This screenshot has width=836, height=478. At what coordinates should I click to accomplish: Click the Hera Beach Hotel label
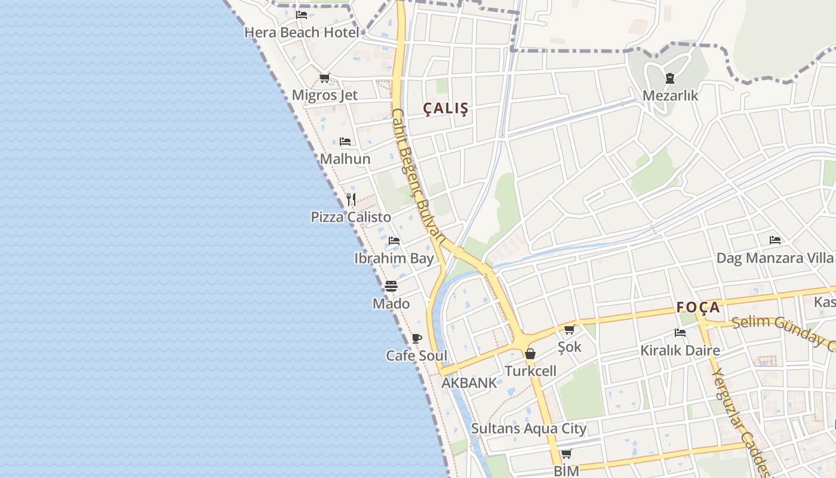[302, 32]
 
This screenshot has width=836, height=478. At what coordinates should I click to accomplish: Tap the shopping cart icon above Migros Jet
[324, 78]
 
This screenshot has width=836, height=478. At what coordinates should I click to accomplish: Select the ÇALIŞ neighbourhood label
[445, 109]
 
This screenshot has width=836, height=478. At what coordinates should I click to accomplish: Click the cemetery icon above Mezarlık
[669, 78]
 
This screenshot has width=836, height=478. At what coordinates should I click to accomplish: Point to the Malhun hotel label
[345, 159]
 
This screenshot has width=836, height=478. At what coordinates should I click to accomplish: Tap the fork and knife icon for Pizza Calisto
[351, 200]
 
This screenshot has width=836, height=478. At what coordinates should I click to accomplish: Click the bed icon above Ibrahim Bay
[394, 241]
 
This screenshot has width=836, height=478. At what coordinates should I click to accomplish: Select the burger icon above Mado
[391, 286]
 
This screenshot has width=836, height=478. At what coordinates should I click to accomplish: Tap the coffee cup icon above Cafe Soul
[417, 339]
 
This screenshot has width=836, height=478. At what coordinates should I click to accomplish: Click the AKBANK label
[469, 383]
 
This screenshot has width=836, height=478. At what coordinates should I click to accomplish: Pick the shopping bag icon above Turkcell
[530, 354]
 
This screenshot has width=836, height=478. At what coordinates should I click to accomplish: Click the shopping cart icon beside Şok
[570, 329]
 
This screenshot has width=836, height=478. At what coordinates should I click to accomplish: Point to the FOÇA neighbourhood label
[698, 308]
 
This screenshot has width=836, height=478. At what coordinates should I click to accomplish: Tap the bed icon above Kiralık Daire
[680, 333]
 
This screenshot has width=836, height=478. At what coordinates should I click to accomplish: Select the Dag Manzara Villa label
[774, 258]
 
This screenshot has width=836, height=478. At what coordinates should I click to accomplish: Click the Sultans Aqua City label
[528, 428]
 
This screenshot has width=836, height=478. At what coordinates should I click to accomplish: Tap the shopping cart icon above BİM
[565, 454]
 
